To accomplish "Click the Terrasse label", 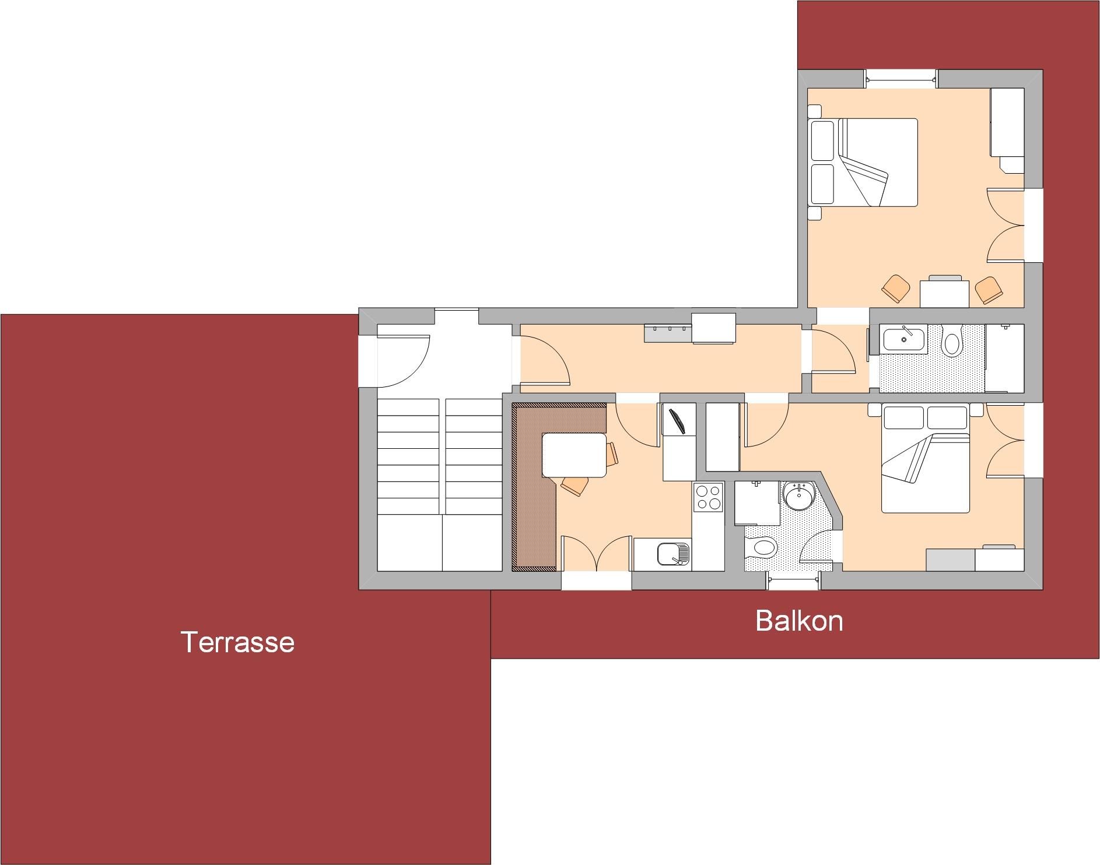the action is tap(237, 642).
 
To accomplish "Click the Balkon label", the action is tap(799, 621).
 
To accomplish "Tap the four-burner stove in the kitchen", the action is tap(709, 497).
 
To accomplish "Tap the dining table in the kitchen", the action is tap(574, 455).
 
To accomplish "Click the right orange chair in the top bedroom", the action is tap(989, 289).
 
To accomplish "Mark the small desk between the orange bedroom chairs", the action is tap(944, 293).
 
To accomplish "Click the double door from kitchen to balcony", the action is tap(595, 554).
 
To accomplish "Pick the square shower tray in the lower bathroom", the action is tap(757, 503).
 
